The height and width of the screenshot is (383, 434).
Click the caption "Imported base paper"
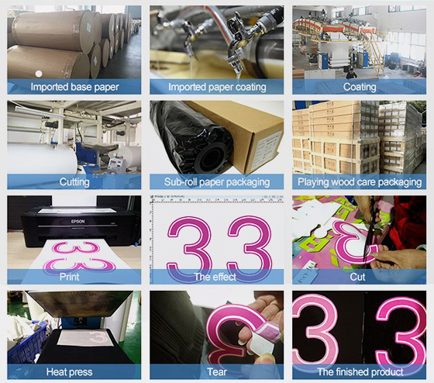click(x=74, y=87)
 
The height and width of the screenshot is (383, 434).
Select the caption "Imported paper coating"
click(x=217, y=87)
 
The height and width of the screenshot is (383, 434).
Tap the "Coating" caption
click(x=360, y=87)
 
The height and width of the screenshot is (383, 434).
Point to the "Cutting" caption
click(x=74, y=182)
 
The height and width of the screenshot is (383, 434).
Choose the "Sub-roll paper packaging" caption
click(x=217, y=182)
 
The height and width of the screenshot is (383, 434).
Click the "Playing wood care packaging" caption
click(x=360, y=182)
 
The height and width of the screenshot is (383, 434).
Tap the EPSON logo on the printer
click(x=77, y=221)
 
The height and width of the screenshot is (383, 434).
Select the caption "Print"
click(x=70, y=277)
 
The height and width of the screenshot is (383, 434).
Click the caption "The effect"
click(x=215, y=277)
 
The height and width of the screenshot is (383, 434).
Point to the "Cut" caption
click(x=357, y=277)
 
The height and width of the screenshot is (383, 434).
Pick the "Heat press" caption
click(x=70, y=371)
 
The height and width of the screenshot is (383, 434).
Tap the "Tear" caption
click(x=217, y=371)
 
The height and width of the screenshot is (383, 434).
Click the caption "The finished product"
click(x=360, y=371)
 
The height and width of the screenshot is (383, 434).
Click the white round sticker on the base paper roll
click(x=39, y=74)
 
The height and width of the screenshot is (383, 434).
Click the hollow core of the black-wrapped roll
click(x=212, y=159)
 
